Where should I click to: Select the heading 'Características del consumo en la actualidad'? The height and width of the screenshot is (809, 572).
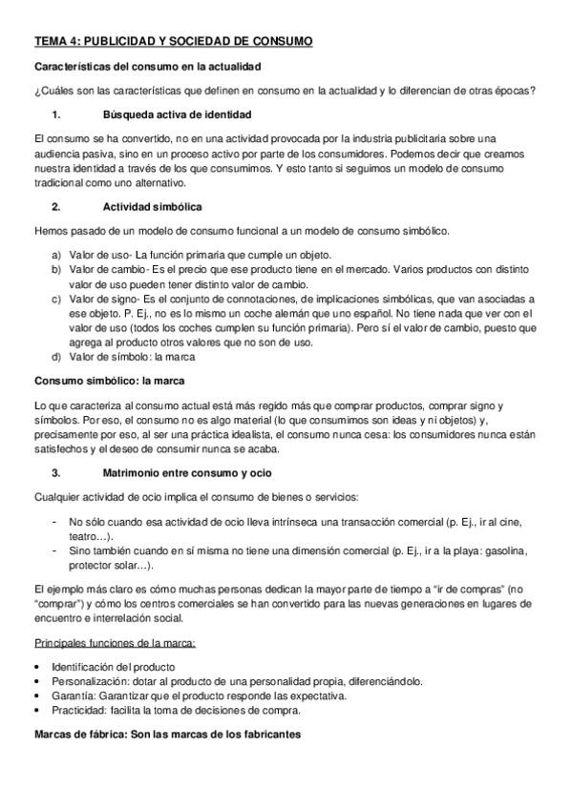(148, 67)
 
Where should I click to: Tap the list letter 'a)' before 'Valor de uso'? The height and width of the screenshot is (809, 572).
(57, 255)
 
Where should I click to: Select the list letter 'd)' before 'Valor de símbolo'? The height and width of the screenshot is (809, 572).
(57, 357)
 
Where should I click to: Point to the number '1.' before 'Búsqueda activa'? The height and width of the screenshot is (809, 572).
(56, 114)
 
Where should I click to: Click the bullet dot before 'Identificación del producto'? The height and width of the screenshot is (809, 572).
(36, 668)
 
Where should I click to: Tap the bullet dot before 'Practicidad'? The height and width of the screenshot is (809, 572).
(36, 710)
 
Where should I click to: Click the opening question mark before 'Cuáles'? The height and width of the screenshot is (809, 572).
(36, 92)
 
